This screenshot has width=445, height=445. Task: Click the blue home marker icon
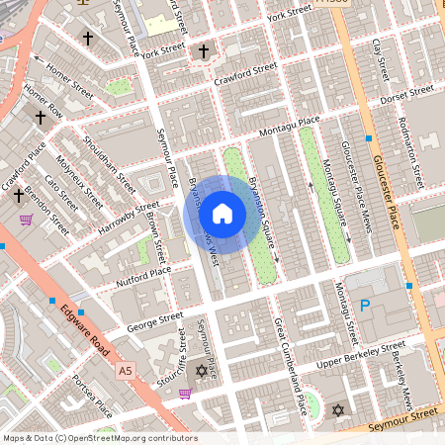(x=222, y=214)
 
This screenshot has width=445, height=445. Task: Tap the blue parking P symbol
(x=364, y=307)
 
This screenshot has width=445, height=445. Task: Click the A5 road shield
(x=124, y=371)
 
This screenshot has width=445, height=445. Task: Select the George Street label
(x=154, y=321)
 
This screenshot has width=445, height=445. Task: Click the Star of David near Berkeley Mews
(x=337, y=409)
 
